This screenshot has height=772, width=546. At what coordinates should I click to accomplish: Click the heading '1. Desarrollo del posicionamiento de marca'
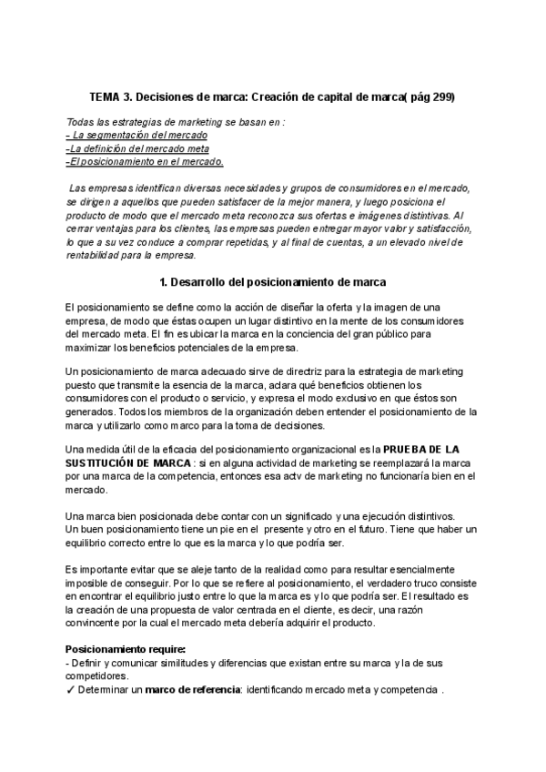[272, 282]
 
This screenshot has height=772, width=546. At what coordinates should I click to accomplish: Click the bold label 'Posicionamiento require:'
[125, 649]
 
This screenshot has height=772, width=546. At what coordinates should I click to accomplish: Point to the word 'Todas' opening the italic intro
[81, 122]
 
